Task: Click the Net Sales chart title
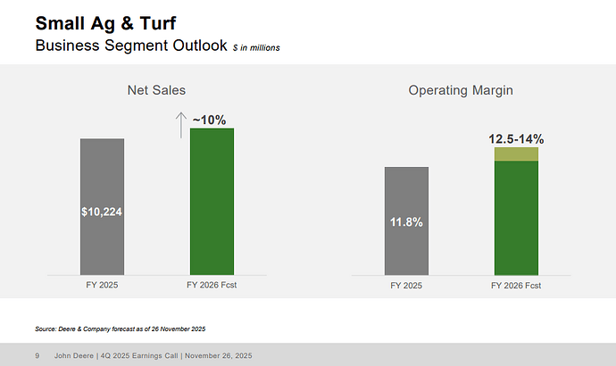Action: coord(156,89)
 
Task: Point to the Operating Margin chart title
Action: coord(461,89)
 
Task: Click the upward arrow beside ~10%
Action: coord(180,125)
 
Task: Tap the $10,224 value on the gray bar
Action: coord(102,212)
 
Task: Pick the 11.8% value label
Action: coord(406,221)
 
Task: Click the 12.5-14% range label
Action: coord(516,138)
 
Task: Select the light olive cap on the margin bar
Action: coord(516,154)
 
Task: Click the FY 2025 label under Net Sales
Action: coord(102,286)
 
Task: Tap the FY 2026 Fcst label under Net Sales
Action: coord(212,286)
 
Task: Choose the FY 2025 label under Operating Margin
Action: coord(406,286)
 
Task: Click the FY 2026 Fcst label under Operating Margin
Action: coord(516,286)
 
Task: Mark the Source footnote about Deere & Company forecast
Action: coord(120,329)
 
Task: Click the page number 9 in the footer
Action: coord(37,355)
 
